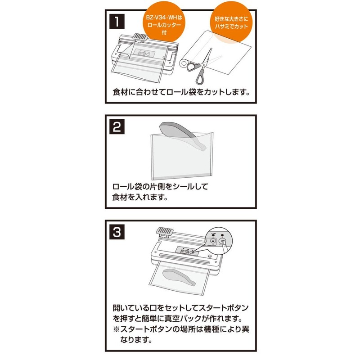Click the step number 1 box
click(117, 21)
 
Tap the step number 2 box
click(117, 126)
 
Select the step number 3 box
click(117, 232)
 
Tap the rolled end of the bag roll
click(184, 63)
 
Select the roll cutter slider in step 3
click(164, 231)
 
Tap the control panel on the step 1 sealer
click(144, 54)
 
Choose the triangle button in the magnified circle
click(213, 241)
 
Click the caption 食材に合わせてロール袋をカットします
click(181, 92)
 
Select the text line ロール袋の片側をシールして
click(160, 186)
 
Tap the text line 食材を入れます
click(140, 197)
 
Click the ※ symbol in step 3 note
click(117, 329)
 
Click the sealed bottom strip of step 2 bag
click(181, 176)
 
